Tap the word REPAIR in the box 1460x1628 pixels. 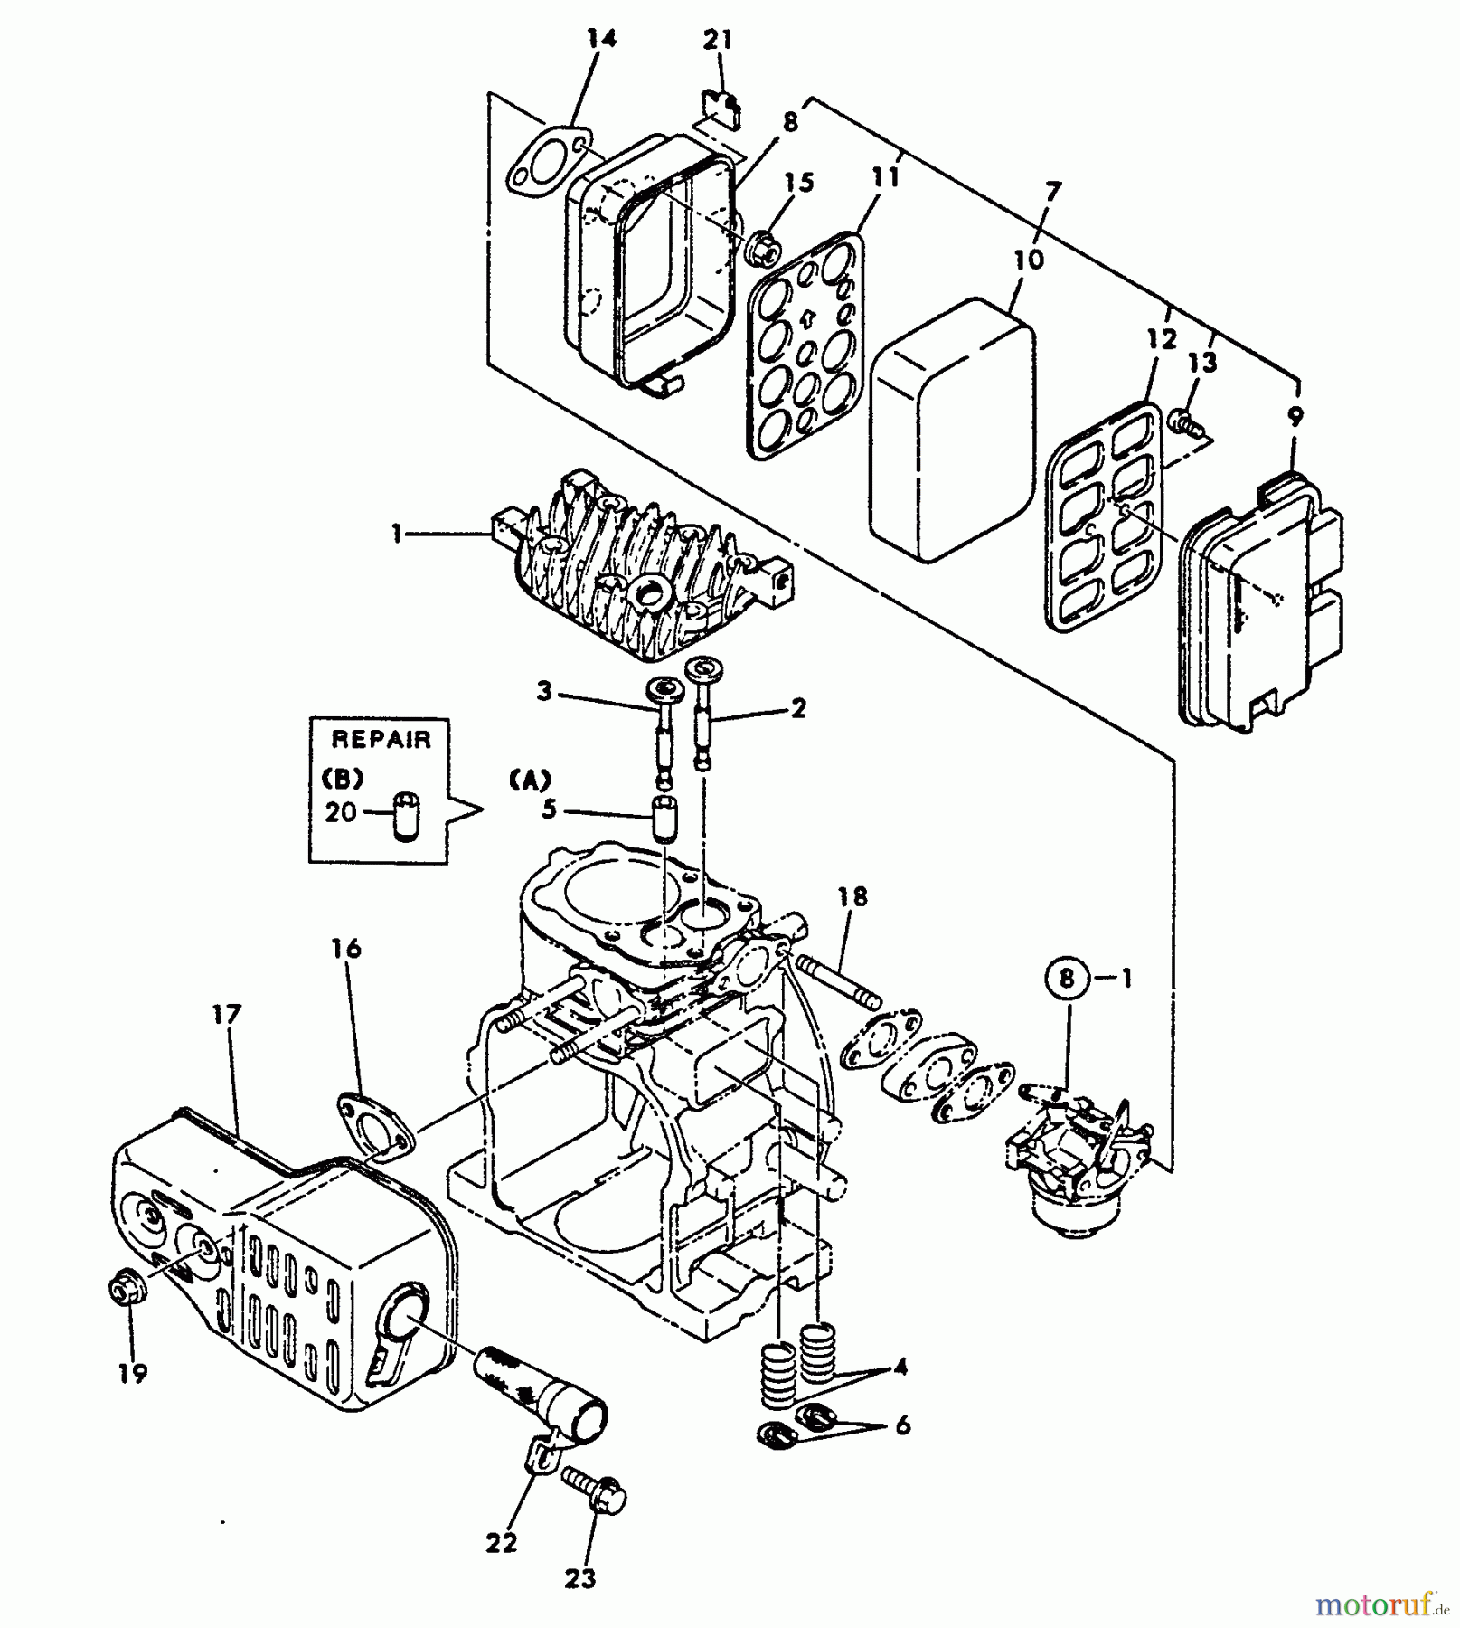point(381,739)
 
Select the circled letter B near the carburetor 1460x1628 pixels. point(1067,979)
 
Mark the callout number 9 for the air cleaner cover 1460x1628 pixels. point(1295,416)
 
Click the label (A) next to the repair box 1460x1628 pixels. point(529,780)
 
